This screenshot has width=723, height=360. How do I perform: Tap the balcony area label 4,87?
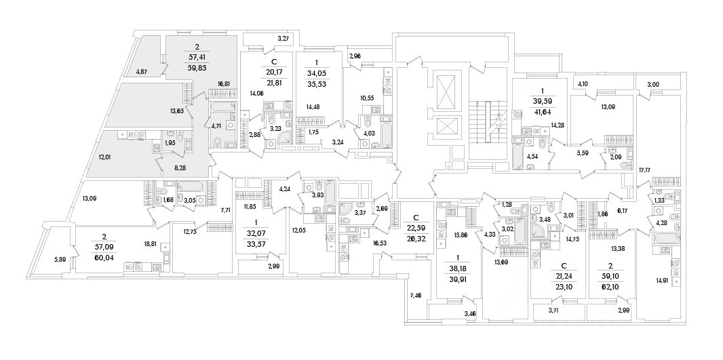(x=142, y=71)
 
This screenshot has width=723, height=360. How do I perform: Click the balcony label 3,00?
(x=653, y=84)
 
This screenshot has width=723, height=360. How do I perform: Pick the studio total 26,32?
(x=414, y=238)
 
